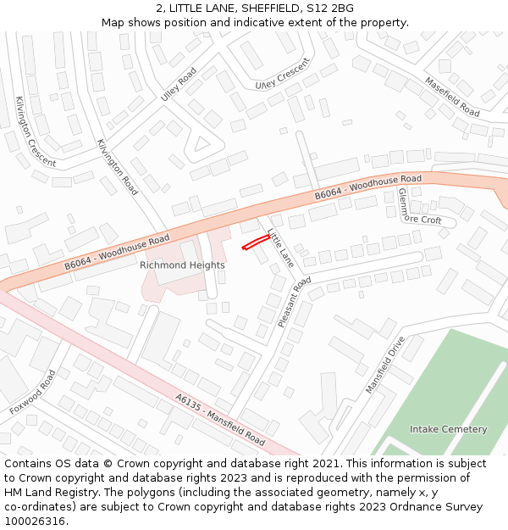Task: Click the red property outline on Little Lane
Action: (256, 243)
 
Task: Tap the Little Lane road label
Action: (280, 248)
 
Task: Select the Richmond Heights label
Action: (182, 265)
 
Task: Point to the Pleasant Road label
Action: (294, 303)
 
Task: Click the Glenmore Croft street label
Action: (420, 207)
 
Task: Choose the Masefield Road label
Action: (452, 98)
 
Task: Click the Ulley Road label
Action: (179, 85)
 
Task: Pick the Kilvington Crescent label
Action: (36, 131)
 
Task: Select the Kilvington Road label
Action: (118, 167)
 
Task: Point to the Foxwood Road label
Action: (33, 392)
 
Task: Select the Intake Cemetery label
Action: (448, 429)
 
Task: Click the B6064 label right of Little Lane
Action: (367, 188)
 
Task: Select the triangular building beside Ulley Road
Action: (202, 143)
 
